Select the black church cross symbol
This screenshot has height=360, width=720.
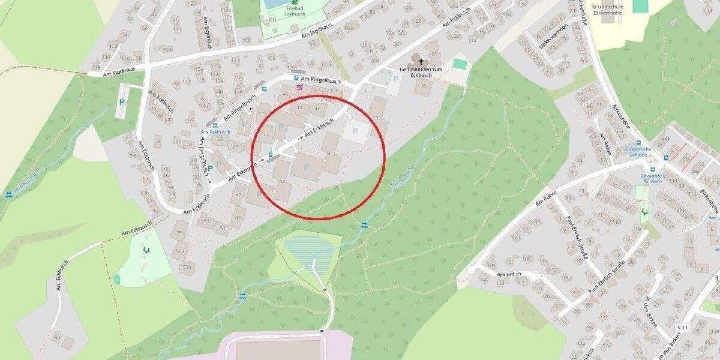421,61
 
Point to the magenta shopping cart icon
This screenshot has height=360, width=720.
299,87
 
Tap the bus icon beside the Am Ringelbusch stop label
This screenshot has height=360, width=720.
296,79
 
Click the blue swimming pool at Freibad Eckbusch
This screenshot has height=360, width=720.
273,4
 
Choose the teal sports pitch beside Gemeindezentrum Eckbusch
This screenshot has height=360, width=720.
460,64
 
